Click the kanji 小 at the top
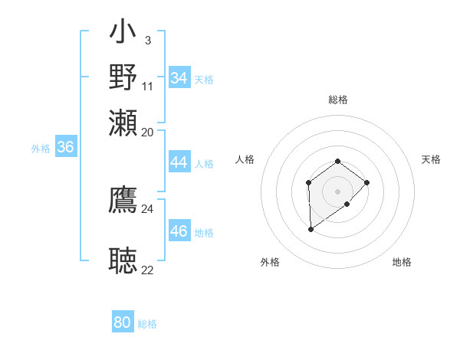pyautogui.click(x=123, y=34)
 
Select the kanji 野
pyautogui.click(x=123, y=77)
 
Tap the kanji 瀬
pyautogui.click(x=123, y=123)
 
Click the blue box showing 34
pyautogui.click(x=179, y=78)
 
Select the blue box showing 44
pyautogui.click(x=179, y=163)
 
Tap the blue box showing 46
pyautogui.click(x=179, y=232)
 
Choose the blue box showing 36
pyautogui.click(x=66, y=148)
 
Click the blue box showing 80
pyautogui.click(x=123, y=322)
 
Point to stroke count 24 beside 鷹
pyautogui.click(x=147, y=208)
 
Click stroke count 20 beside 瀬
pyautogui.click(x=147, y=132)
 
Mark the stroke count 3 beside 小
pyautogui.click(x=147, y=40)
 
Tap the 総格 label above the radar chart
pyautogui.click(x=337, y=100)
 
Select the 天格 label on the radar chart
pyautogui.click(x=431, y=159)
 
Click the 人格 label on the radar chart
pyautogui.click(x=245, y=159)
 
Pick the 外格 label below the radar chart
pyautogui.click(x=270, y=262)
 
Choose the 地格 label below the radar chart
pyautogui.click(x=402, y=262)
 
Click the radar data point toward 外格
pyautogui.click(x=310, y=229)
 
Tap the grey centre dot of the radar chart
pyautogui.click(x=337, y=191)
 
